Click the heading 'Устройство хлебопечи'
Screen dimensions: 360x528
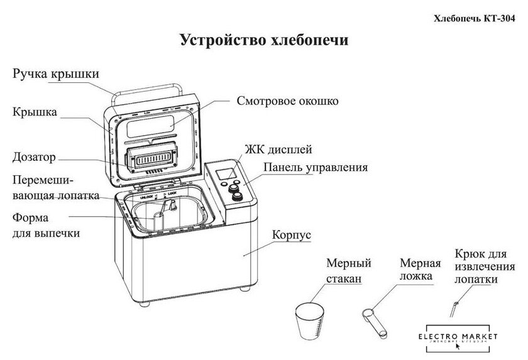264,41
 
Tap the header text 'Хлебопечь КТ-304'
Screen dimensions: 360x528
479,19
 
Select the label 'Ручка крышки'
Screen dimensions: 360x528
55,74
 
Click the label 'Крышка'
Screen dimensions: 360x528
35,112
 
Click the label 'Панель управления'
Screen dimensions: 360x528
316,168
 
